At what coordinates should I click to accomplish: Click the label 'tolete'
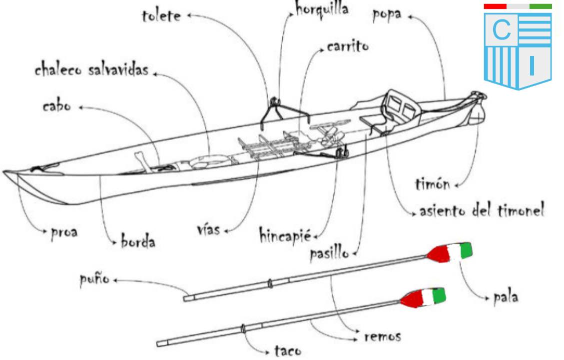tap(161, 16)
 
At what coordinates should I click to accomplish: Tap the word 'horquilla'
tap(322, 8)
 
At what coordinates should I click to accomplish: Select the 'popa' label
tap(387, 15)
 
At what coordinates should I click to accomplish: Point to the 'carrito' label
tap(348, 46)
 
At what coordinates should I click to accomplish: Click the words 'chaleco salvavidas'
tap(91, 69)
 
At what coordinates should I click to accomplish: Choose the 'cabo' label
tap(56, 106)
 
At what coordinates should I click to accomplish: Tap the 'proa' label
tap(64, 232)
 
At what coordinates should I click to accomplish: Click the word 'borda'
tap(138, 240)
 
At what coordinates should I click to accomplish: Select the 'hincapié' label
tap(285, 236)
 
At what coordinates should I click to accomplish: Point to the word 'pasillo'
tap(330, 253)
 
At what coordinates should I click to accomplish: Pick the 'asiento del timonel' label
tap(482, 210)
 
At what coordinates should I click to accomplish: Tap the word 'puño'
tap(94, 279)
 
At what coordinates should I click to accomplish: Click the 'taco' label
tap(288, 350)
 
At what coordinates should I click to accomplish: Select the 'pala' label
tap(506, 297)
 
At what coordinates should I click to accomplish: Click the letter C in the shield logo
tap(502, 30)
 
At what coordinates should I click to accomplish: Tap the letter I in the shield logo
tap(532, 65)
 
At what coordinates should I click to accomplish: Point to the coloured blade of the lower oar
tap(423, 297)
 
